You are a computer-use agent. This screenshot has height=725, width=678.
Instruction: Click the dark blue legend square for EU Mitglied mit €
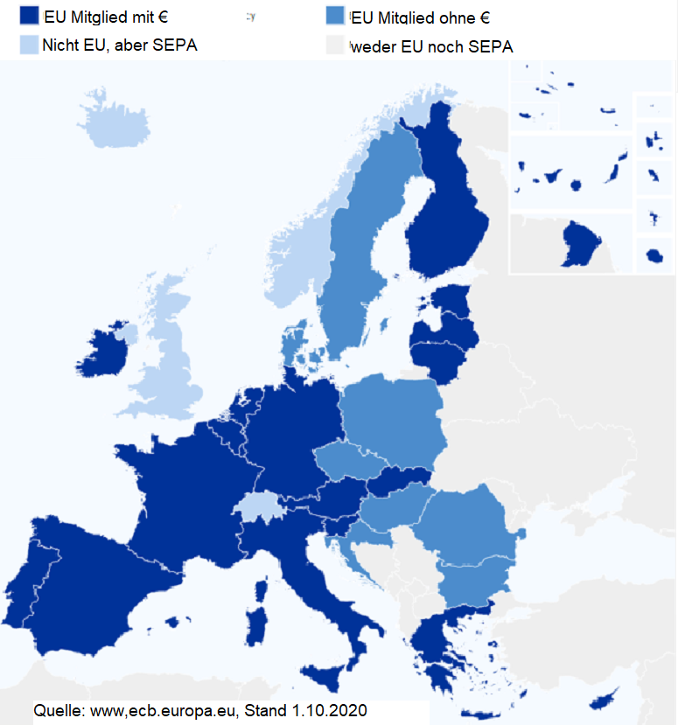(29, 15)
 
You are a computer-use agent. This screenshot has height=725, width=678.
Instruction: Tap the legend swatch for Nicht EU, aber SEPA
(29, 45)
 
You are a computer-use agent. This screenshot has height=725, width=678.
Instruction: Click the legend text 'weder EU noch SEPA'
(432, 46)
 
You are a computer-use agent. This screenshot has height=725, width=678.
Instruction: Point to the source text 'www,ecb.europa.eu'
(164, 709)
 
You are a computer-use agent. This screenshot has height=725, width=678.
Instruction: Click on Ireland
(103, 359)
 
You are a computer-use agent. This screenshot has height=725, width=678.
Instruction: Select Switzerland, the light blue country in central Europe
(256, 506)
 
